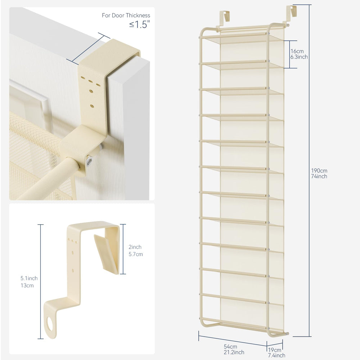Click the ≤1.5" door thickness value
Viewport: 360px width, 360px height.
(x=139, y=24)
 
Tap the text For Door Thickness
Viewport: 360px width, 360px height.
(x=126, y=15)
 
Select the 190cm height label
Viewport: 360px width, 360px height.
(x=319, y=171)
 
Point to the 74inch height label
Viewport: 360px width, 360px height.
(x=319, y=176)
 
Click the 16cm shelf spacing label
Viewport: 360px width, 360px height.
(x=297, y=51)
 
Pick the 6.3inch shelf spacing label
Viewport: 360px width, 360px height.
(x=299, y=57)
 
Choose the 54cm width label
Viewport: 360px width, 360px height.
(x=230, y=347)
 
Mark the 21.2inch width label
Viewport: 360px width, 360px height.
(x=234, y=352)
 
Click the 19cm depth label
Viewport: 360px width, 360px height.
(x=275, y=350)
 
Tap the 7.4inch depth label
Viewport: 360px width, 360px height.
(x=276, y=355)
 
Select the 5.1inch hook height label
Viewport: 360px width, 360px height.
(x=29, y=278)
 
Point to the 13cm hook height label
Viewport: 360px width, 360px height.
(x=27, y=285)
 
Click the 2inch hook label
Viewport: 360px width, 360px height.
(x=135, y=247)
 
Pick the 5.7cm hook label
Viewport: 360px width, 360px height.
(x=136, y=254)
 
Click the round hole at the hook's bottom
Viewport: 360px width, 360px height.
(x=50, y=324)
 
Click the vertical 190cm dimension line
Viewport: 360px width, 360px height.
(x=309, y=171)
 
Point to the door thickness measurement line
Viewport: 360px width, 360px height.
(x=88, y=49)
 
